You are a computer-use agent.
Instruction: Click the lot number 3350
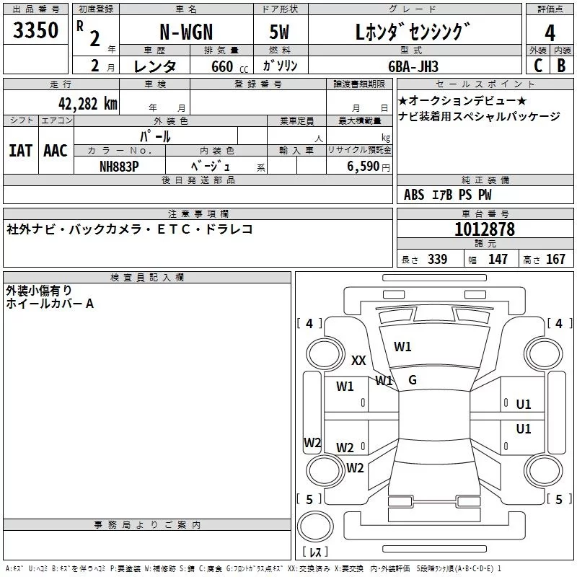click(36, 30)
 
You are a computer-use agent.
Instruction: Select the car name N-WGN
click(185, 32)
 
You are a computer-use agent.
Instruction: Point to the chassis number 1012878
click(485, 229)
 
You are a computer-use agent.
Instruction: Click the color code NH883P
click(119, 164)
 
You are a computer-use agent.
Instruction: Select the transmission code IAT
click(21, 150)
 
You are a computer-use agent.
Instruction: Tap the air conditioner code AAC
click(56, 150)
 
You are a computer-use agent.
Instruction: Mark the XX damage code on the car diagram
click(358, 361)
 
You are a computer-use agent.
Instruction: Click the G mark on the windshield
click(413, 380)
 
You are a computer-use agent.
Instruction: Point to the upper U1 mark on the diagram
click(524, 405)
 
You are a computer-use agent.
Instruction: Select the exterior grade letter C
click(537, 66)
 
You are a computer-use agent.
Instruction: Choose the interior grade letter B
click(562, 66)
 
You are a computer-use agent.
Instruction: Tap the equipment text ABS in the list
click(414, 195)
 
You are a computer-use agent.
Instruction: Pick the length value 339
click(437, 260)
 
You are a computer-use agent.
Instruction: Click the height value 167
click(555, 260)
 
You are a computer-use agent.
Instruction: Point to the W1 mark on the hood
click(402, 346)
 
